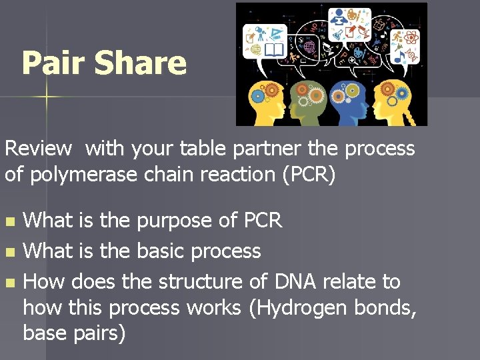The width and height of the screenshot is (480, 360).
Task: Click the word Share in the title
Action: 139,63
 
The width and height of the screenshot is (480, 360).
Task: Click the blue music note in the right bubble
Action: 400,57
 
